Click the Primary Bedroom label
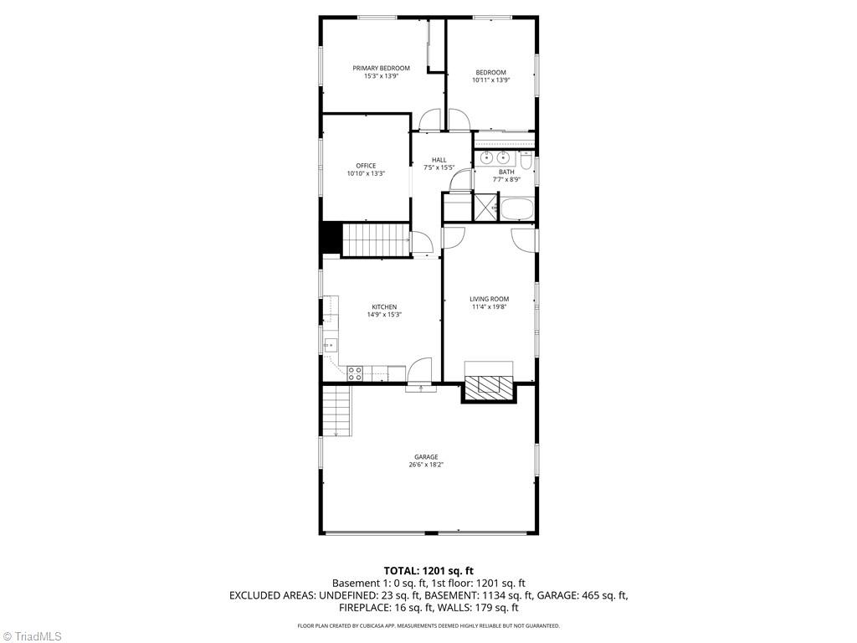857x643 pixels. click(381, 68)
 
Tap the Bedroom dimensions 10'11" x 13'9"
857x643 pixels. click(491, 80)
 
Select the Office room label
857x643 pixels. click(366, 166)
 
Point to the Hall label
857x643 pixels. click(439, 160)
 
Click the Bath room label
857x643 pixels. click(506, 172)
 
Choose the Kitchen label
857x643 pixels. click(384, 307)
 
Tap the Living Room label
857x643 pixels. click(489, 299)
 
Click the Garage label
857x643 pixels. click(425, 457)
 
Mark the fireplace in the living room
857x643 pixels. click(489, 386)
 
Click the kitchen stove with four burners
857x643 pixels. click(355, 373)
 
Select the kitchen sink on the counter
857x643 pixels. click(330, 344)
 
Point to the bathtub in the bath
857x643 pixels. click(517, 208)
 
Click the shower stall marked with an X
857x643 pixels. click(485, 208)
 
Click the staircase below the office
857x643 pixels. click(376, 240)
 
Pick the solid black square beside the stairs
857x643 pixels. click(331, 237)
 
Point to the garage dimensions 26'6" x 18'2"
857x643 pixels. click(425, 465)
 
